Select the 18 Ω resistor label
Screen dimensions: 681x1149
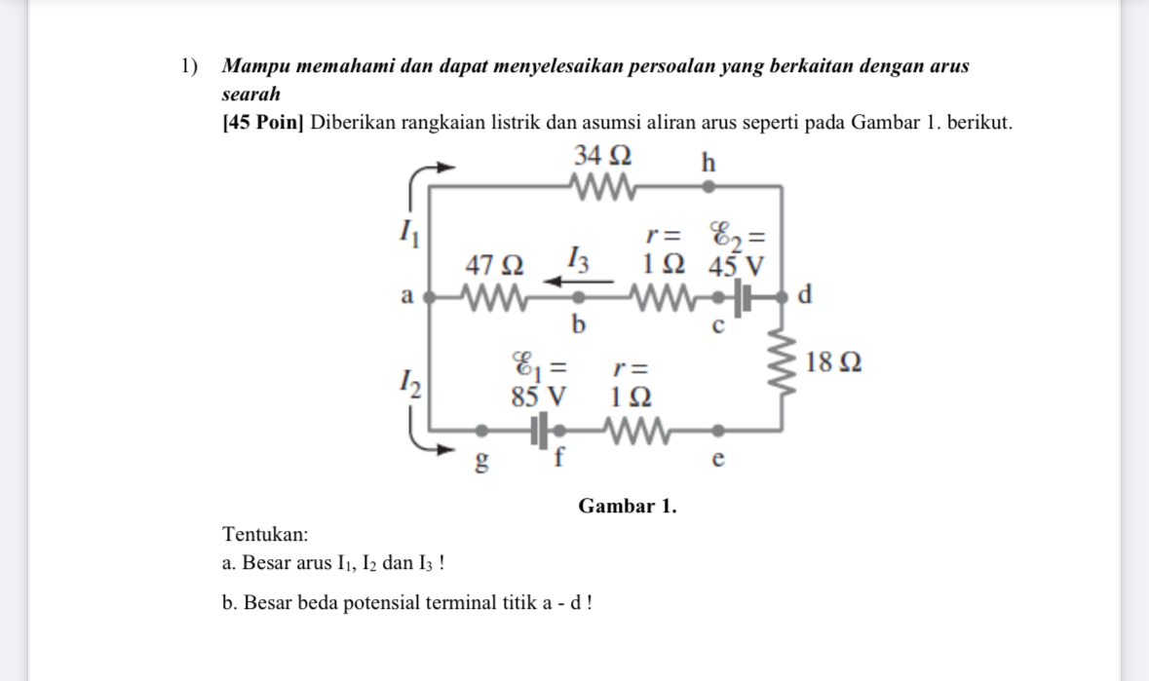point(834,362)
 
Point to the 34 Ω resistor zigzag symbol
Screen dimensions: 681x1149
point(603,185)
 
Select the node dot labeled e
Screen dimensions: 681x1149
point(718,430)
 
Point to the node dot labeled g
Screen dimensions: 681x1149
point(480,430)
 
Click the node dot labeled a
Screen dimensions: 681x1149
point(432,294)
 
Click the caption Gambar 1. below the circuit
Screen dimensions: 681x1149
point(627,507)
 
